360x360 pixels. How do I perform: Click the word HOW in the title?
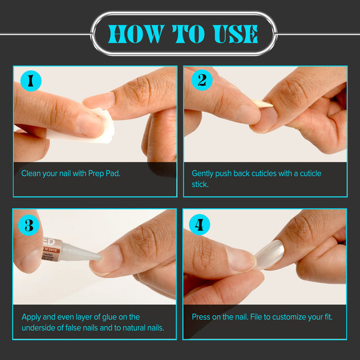(136, 34)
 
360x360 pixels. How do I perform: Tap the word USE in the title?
(235, 34)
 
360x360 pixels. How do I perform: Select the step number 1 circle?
(31, 81)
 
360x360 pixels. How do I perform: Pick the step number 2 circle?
(202, 80)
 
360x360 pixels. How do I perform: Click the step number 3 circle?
(29, 225)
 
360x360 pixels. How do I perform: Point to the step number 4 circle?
(199, 224)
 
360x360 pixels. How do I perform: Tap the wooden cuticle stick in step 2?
(263, 103)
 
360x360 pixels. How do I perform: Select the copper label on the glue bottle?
(51, 249)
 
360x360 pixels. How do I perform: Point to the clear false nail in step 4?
(270, 254)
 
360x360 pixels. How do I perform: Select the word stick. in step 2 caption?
(200, 184)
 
